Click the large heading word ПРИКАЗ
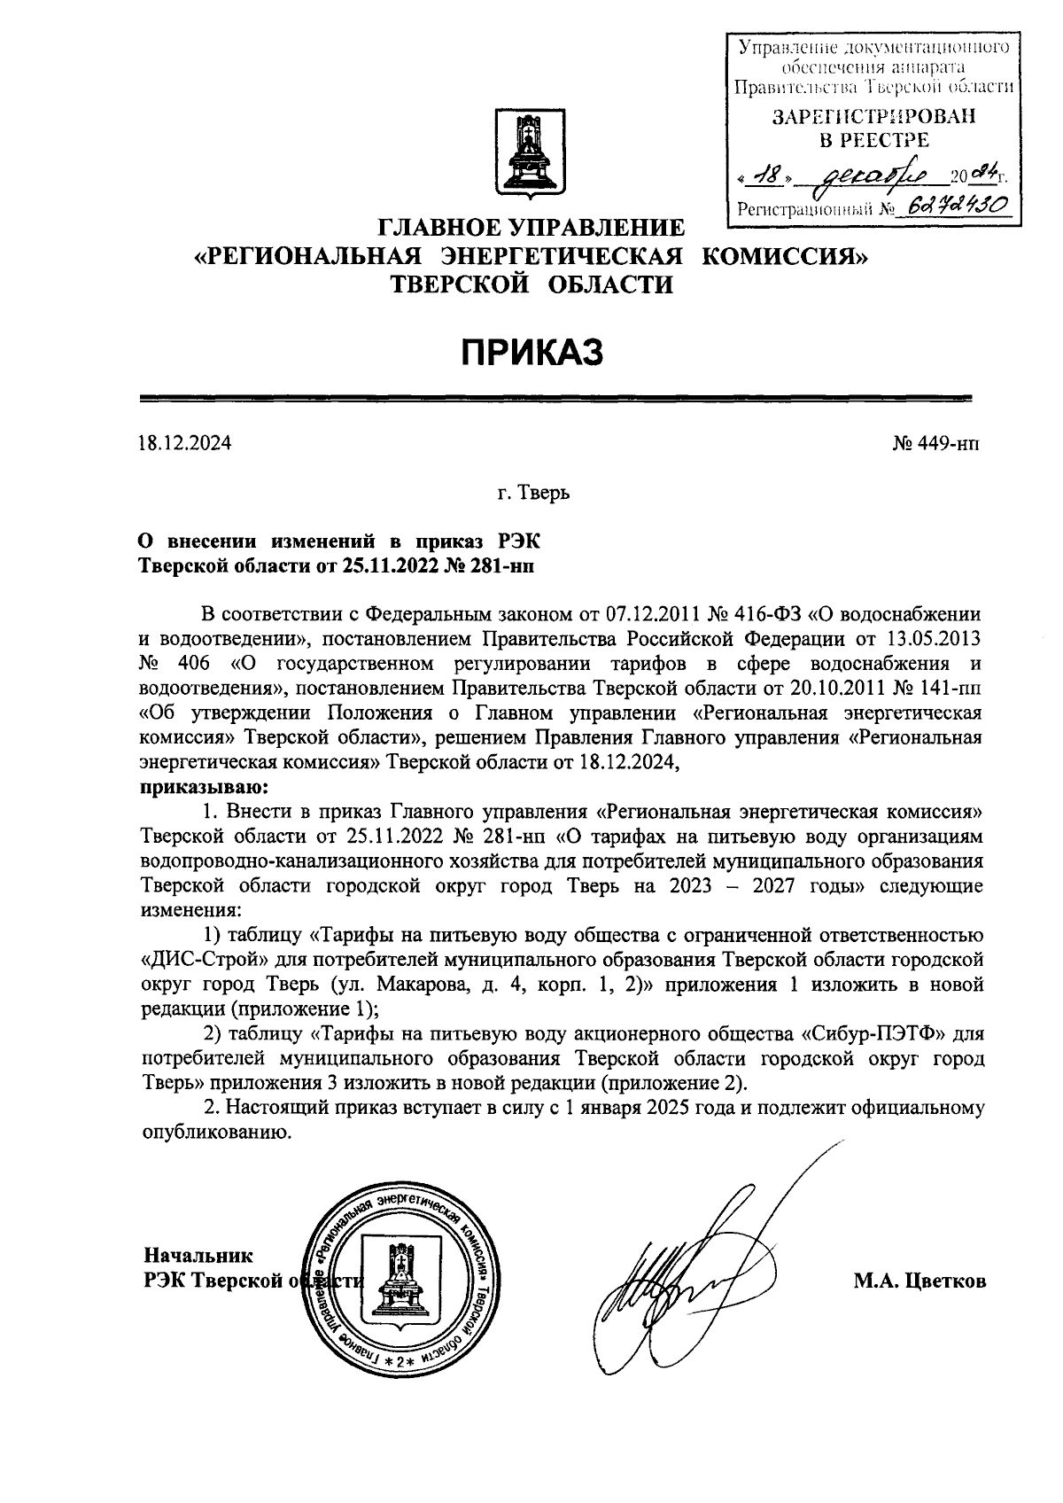531,352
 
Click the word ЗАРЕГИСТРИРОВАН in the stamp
873,117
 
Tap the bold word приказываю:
205,785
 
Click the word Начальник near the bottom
198,1255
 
